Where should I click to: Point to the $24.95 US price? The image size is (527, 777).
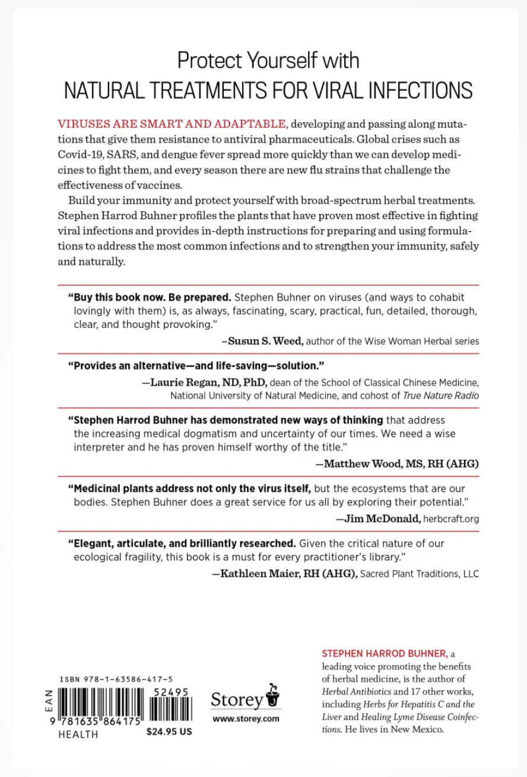click(169, 732)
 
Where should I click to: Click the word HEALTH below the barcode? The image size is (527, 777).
click(78, 734)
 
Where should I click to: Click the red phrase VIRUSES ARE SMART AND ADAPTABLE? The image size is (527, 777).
click(172, 124)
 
